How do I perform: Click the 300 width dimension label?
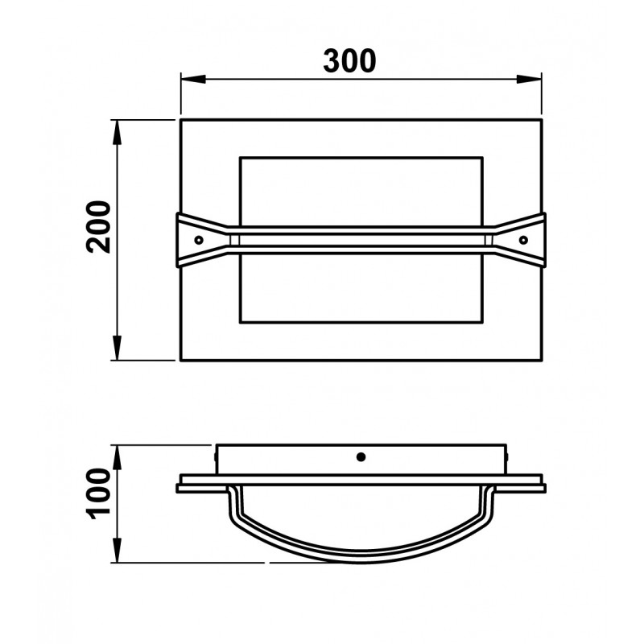point(349,61)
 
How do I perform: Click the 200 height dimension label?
point(98,226)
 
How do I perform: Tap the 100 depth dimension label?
point(98,493)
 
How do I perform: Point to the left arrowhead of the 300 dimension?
point(193,79)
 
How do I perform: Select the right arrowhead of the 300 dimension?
point(529,79)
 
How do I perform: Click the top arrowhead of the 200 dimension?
point(118,132)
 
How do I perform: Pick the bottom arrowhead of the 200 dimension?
point(118,348)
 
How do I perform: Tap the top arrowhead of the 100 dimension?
point(118,457)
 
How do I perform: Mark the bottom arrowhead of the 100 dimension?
point(118,551)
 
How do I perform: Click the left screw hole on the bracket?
point(199,240)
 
